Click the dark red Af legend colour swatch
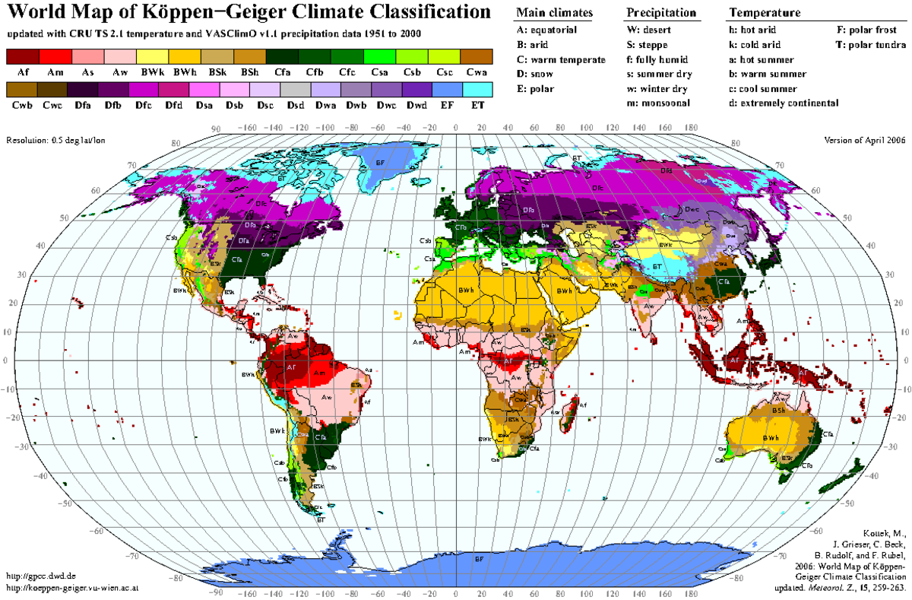click(x=22, y=56)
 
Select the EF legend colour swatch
click(x=445, y=90)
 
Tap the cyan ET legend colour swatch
click(x=478, y=90)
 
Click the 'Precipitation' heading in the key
click(x=661, y=13)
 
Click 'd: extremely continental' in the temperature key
click(x=784, y=103)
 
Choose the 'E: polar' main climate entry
click(x=535, y=88)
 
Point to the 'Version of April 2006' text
click(x=864, y=141)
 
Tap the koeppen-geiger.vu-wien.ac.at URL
click(x=72, y=588)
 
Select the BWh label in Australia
click(x=772, y=438)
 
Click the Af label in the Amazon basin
click(x=291, y=366)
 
